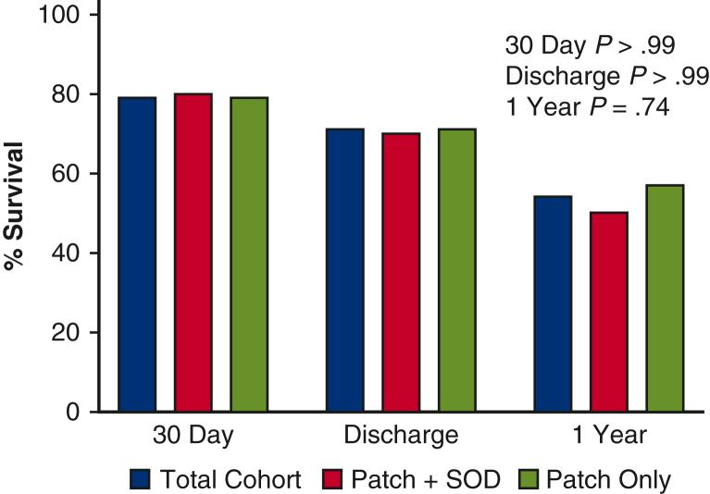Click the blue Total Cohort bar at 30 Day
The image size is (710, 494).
tap(137, 254)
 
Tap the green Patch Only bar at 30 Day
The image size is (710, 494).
tap(249, 254)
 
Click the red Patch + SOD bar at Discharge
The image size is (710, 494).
tap(401, 272)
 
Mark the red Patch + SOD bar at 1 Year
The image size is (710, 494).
tap(609, 312)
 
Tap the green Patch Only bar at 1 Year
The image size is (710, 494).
tap(665, 298)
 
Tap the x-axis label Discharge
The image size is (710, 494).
tap(401, 436)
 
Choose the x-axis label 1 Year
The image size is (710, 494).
tap(608, 436)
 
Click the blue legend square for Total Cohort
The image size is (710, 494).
tap(140, 478)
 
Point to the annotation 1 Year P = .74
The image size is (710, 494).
tap(585, 106)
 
